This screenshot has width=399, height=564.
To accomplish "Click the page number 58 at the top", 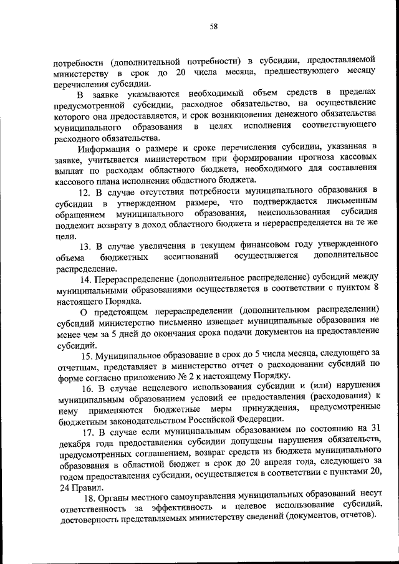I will pyautogui.click(x=213, y=26).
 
